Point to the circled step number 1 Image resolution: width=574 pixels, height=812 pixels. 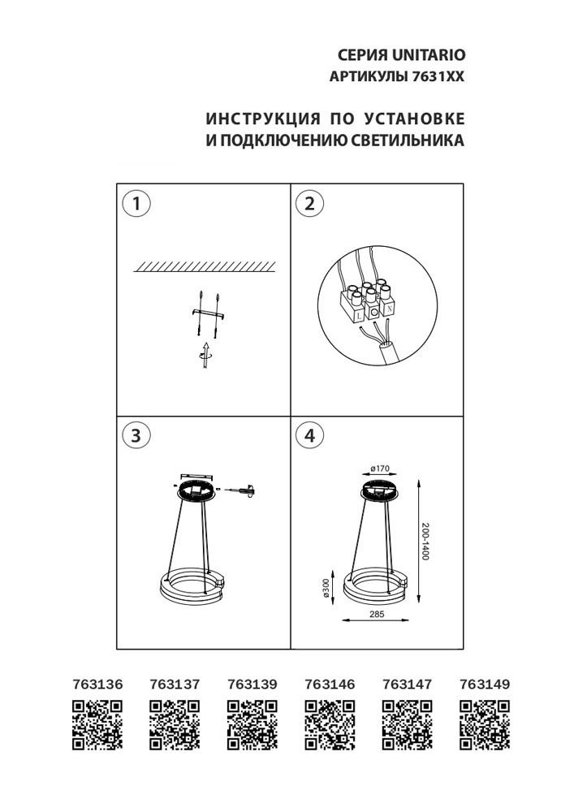coord(136,203)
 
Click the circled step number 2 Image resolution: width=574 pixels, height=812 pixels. coord(309,203)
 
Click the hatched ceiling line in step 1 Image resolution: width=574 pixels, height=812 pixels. coord(204,266)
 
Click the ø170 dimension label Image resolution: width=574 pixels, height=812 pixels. coord(381,469)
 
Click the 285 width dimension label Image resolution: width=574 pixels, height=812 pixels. coord(376,615)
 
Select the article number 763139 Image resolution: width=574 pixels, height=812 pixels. coord(252,685)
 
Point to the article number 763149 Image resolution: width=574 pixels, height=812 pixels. coord(485,685)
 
